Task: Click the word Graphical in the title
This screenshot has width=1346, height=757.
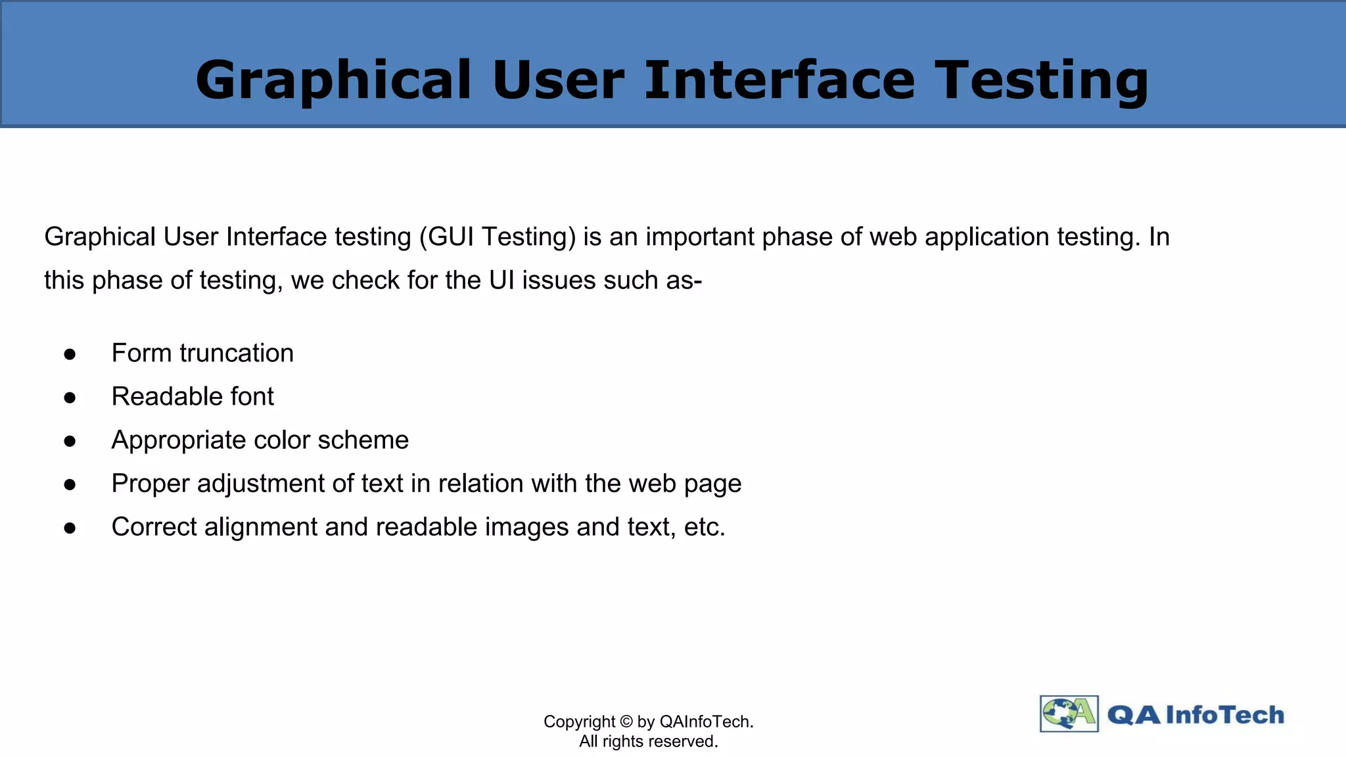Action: tap(333, 81)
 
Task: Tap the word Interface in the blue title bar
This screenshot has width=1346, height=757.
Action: tap(779, 81)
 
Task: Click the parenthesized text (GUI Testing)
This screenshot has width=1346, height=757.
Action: tap(498, 237)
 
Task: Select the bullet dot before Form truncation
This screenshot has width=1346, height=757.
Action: tap(70, 355)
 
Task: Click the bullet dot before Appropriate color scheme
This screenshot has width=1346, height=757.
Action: tap(70, 442)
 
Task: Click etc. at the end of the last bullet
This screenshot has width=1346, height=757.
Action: tap(705, 528)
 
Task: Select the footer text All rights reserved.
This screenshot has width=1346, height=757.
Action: tap(648, 742)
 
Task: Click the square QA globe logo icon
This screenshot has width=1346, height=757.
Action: tap(1069, 714)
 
